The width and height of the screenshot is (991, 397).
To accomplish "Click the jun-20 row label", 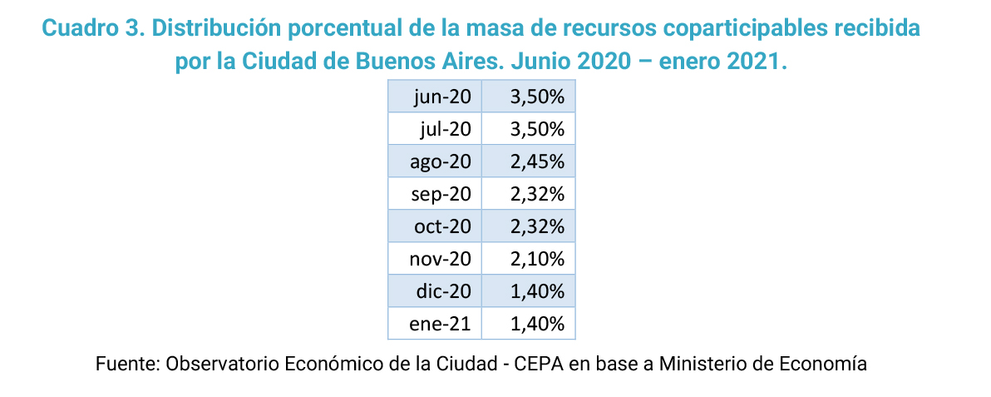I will tap(441, 97).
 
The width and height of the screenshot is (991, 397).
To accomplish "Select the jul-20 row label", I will tap(446, 129).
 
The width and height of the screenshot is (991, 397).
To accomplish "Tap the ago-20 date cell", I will tap(441, 161).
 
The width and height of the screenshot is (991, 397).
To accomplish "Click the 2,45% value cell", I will tap(538, 161).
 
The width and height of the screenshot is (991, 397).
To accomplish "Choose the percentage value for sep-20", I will tap(538, 194).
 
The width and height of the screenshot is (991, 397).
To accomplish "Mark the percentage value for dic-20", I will tap(538, 291).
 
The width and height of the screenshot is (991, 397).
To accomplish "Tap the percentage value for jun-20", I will tap(538, 97).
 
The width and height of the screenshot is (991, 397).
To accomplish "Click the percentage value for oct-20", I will tap(538, 226).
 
